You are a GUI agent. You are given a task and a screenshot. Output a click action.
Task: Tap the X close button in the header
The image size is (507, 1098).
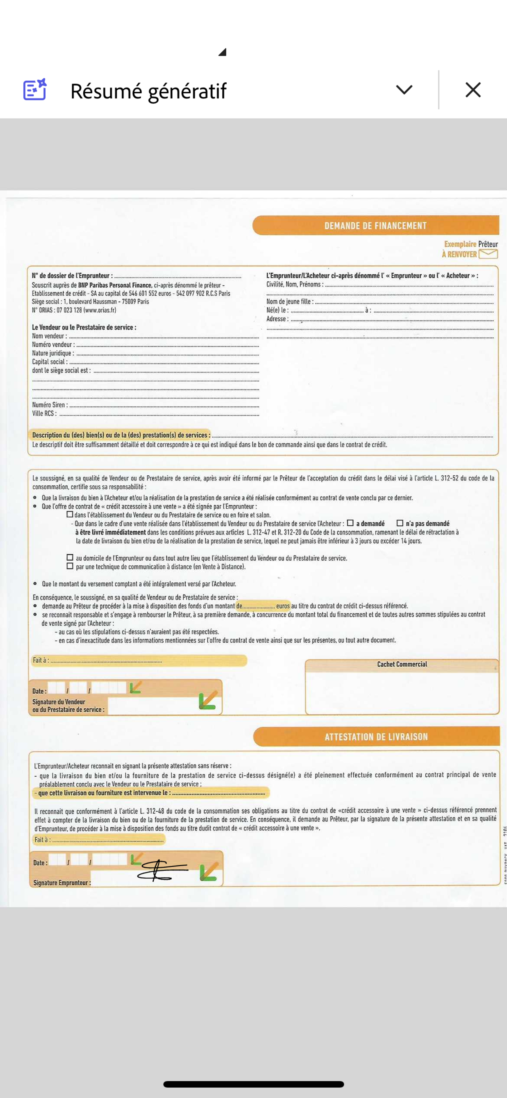[473, 90]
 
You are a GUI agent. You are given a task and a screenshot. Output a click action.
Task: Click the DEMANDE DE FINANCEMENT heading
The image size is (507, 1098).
[375, 226]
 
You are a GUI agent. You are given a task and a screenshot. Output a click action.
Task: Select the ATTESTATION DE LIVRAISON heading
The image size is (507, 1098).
[376, 736]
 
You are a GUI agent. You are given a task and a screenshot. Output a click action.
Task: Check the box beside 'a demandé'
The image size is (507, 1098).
[350, 523]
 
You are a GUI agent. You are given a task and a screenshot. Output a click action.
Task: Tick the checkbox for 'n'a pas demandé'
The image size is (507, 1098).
[400, 523]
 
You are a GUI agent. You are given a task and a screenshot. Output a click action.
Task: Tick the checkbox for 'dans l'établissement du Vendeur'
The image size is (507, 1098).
[70, 514]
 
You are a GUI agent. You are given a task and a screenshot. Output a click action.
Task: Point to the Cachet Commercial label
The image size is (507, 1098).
[402, 664]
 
